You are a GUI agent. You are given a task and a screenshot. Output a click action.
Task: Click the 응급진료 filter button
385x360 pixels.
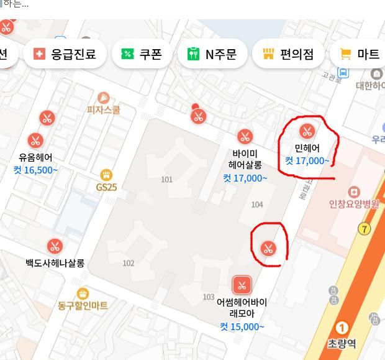tap(65, 54)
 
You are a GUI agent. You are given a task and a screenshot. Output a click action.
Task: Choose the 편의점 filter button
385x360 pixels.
tap(288, 54)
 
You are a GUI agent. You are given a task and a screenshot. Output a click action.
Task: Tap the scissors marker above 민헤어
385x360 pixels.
tap(306, 131)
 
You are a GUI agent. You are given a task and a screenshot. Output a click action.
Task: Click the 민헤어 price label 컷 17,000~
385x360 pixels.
tap(307, 161)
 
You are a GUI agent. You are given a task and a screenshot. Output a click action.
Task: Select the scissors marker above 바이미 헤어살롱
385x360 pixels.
tap(245, 137)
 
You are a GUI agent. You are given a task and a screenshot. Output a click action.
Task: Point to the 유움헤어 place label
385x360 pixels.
tap(35, 157)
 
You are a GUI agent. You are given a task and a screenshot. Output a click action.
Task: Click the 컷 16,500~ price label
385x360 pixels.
tap(35, 170)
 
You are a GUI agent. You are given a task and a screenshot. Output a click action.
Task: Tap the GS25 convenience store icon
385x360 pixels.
tap(106, 175)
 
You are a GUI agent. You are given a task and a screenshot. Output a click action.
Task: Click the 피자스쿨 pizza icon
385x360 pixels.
tap(104, 98)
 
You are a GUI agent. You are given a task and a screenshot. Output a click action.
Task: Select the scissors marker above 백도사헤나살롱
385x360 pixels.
tap(55, 246)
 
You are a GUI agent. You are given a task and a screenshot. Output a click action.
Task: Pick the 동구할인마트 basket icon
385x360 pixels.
tap(83, 293)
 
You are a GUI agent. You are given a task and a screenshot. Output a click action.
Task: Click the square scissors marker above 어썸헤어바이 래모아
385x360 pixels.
tap(242, 285)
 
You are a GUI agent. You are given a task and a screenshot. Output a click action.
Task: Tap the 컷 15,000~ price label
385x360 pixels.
tap(242, 327)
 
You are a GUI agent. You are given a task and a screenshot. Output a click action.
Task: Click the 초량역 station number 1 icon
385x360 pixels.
tap(342, 328)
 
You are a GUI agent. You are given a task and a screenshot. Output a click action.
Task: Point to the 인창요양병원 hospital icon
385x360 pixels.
tap(353, 192)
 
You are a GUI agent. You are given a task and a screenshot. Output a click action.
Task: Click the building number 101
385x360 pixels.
tap(166, 180)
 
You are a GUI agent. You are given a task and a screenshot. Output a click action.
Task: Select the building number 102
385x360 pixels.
tap(128, 263)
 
